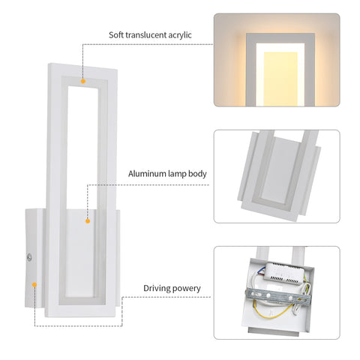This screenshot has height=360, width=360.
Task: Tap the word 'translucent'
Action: click(150, 34)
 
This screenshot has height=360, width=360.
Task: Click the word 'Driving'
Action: click(158, 288)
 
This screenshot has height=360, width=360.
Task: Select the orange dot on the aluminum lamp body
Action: click(87, 220)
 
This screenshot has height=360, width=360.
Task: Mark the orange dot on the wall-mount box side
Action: click(34, 284)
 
